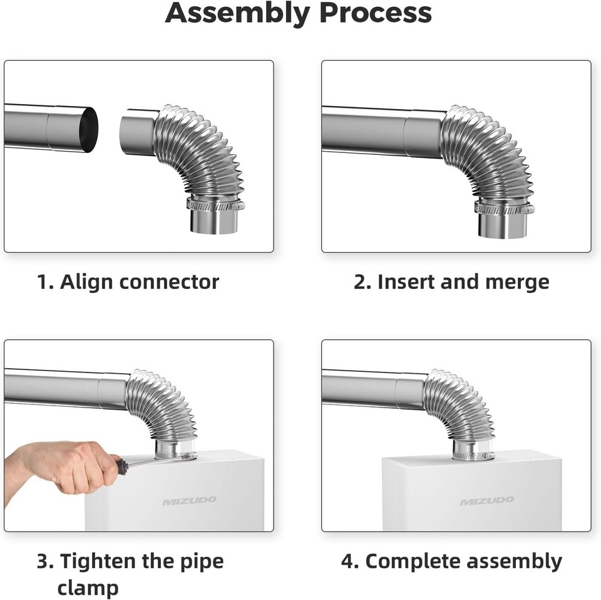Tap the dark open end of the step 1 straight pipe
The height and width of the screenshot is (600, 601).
click(x=91, y=130)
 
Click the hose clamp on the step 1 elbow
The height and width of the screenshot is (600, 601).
click(x=214, y=204)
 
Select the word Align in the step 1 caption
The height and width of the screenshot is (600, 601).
click(x=86, y=282)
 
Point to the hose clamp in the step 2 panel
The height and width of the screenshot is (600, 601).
click(x=504, y=208)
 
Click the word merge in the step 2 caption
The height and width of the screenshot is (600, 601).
click(x=519, y=282)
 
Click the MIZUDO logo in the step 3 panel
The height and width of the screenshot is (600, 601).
click(x=190, y=500)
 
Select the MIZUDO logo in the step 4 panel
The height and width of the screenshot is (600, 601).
click(x=487, y=501)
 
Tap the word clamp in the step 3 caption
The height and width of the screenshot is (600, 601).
click(x=88, y=587)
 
